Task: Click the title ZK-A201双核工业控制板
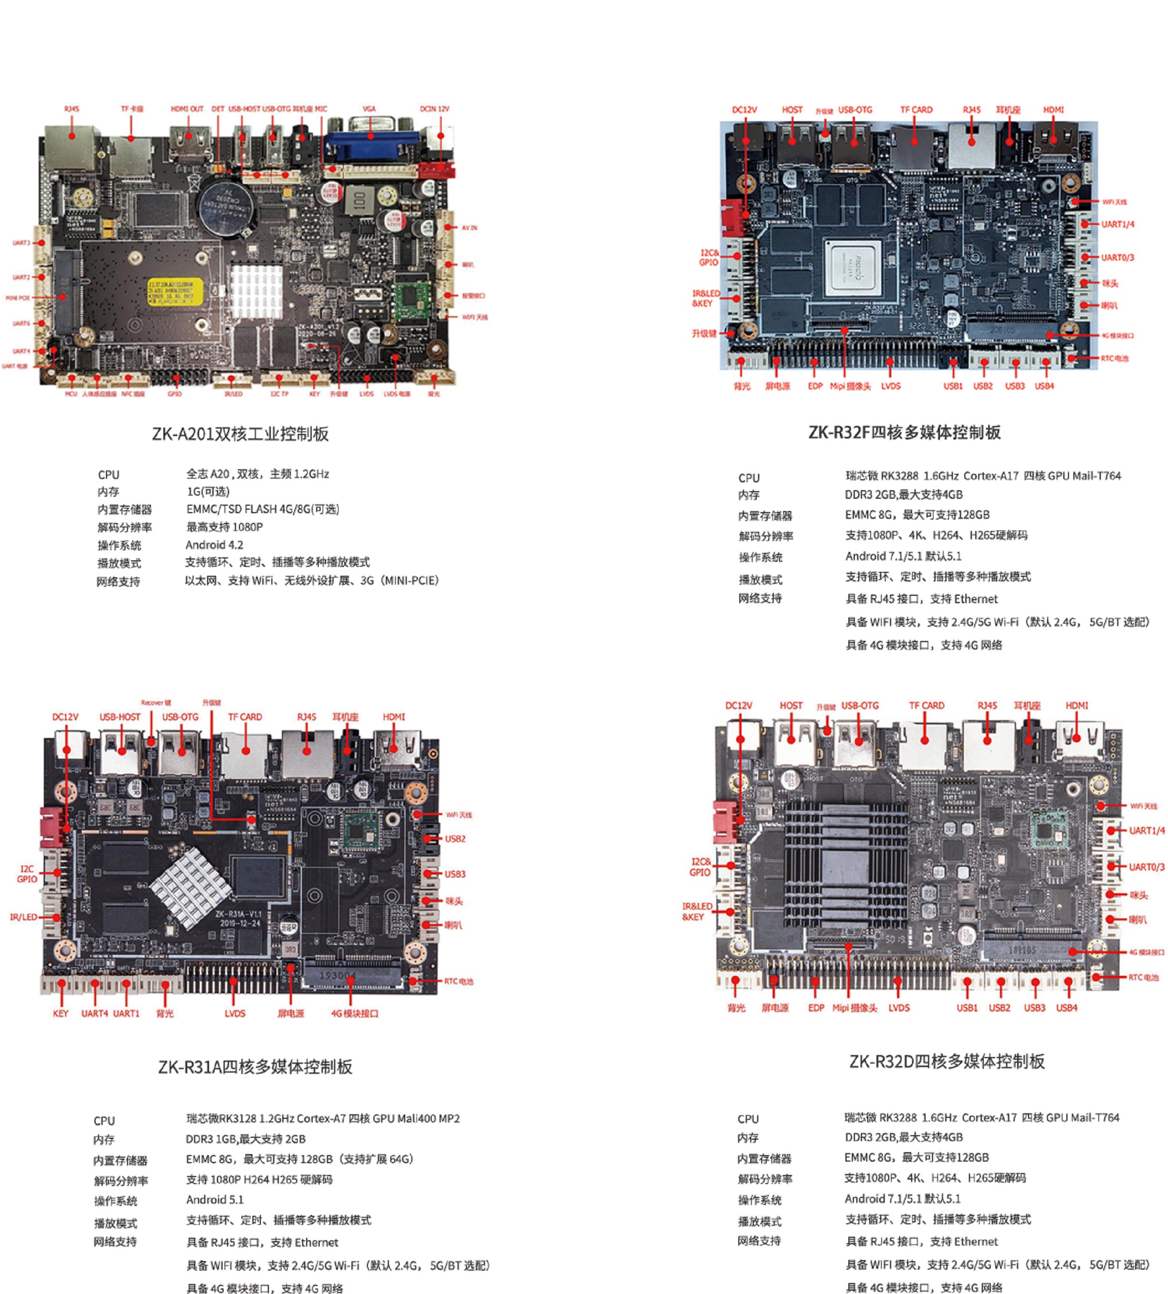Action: pos(240,434)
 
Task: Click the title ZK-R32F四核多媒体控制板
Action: pos(904,432)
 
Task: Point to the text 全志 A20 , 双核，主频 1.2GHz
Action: pos(257,474)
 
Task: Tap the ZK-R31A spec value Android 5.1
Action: pos(215,1200)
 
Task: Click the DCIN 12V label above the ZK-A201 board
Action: pos(435,109)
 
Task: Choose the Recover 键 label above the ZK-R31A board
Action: pos(156,703)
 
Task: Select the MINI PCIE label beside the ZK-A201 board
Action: pos(18,298)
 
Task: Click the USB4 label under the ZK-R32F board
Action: pos(1044,386)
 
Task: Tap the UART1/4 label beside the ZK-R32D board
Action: pos(1147,831)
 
